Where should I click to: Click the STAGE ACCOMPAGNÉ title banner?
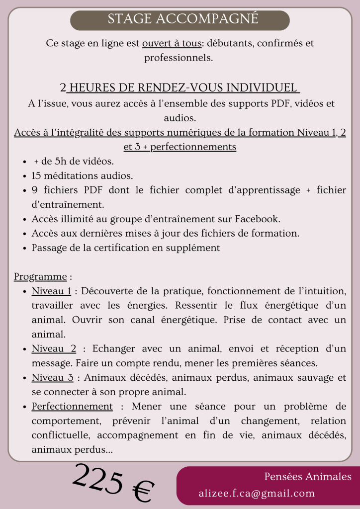click(x=180, y=19)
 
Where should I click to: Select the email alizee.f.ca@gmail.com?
click(x=257, y=494)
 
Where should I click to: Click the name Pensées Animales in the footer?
click(x=308, y=477)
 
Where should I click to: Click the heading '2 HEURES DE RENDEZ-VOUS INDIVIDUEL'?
click(x=180, y=88)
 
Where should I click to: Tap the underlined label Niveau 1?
click(x=51, y=290)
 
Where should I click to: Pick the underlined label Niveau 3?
click(x=52, y=378)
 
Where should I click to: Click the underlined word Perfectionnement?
click(x=72, y=407)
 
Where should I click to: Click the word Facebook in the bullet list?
click(x=257, y=219)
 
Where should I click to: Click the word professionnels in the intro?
click(x=179, y=58)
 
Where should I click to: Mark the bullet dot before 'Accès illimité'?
click(x=25, y=219)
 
